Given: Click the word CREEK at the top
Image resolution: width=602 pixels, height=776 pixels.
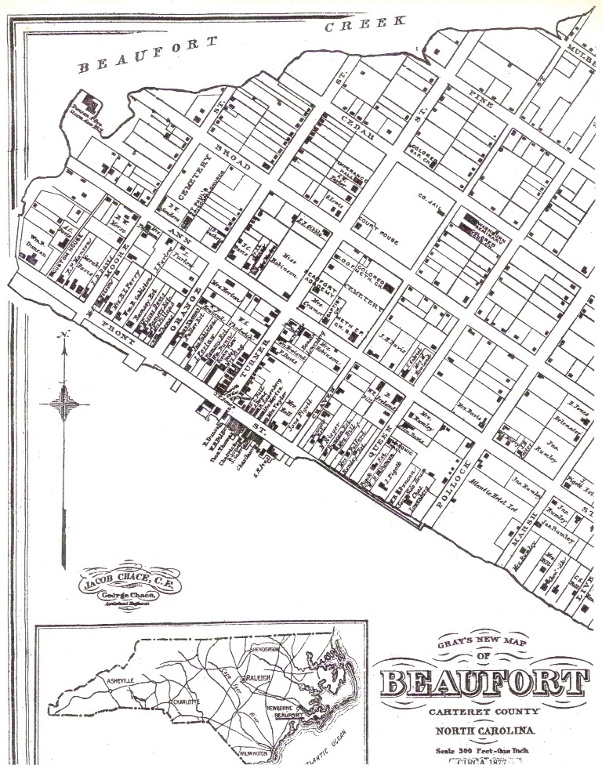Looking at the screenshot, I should pos(367,24).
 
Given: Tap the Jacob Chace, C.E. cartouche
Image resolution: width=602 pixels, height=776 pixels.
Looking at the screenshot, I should pos(120,584).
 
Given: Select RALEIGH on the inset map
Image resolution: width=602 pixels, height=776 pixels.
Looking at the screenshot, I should pos(259,676).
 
